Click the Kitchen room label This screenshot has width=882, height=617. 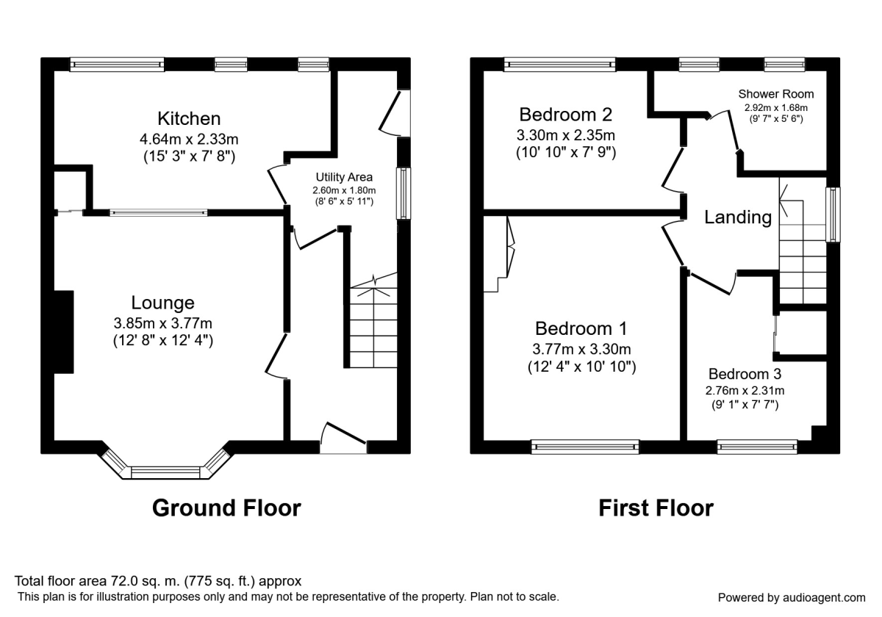(189, 118)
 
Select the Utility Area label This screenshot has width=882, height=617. (344, 177)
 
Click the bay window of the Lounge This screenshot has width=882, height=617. (165, 471)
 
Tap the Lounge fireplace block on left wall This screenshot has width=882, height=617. (63, 332)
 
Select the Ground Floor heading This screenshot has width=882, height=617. (226, 508)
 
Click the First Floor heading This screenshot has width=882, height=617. (656, 508)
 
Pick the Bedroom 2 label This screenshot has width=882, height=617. (565, 115)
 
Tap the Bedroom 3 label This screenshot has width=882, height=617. (745, 372)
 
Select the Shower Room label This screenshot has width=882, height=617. (776, 94)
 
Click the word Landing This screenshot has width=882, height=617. (738, 217)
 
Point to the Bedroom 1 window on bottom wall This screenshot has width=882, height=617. (586, 446)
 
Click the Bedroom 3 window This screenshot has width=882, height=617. (756, 446)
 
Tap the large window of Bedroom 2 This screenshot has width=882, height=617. (560, 65)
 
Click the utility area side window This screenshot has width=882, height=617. (404, 193)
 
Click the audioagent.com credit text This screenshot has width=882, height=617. (792, 597)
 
